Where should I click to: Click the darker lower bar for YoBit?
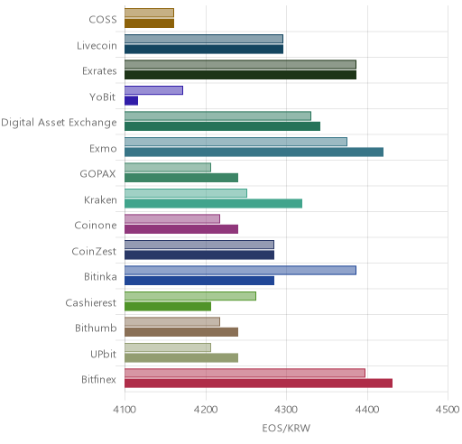tap(131, 101)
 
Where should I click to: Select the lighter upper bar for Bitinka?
tap(240, 270)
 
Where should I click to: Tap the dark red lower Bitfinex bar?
tap(258, 384)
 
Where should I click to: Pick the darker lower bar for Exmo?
tap(254, 153)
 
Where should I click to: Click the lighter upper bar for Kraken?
tap(186, 193)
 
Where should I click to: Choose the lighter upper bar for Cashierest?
tap(190, 296)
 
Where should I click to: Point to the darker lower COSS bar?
tap(149, 23)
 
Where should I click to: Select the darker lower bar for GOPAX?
tap(181, 178)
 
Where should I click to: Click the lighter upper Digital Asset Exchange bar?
tap(217, 116)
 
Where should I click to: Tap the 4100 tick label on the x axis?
tap(125, 410)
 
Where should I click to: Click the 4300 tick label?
tap(286, 410)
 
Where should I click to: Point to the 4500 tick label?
tap(448, 410)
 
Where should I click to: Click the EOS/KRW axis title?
tap(286, 428)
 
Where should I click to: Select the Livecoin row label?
tap(97, 45)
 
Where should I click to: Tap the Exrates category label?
tap(99, 71)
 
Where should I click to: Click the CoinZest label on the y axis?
tap(94, 251)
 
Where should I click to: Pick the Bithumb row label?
tap(96, 328)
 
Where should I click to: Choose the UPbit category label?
tap(103, 354)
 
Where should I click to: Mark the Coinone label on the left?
tap(96, 225)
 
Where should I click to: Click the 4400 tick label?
tap(367, 410)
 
